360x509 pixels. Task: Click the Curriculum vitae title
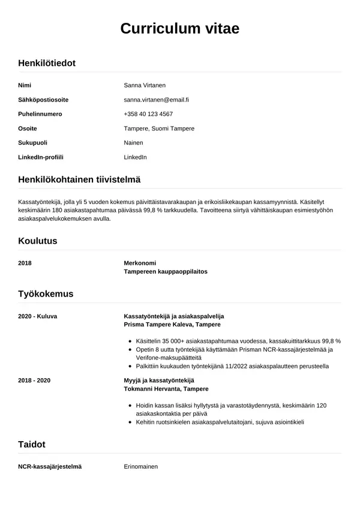pos(180,29)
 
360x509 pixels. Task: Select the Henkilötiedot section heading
pos(47,63)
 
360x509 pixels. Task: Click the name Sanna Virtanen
pos(144,85)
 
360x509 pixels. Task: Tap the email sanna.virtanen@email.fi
pos(156,100)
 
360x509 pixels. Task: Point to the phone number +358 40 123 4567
pos(148,114)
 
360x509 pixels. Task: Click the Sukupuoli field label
pos(33,143)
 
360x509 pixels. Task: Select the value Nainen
pos(133,143)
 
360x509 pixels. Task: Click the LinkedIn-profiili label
pos(41,157)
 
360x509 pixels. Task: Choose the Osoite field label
pos(28,128)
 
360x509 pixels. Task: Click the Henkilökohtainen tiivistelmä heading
pos(79,179)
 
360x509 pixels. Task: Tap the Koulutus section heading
pos(38,241)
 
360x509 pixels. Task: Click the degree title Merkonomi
pos(140,263)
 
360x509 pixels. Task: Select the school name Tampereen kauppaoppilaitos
pos(165,271)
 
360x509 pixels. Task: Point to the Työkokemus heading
pos(46,294)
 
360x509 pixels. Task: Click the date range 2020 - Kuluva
pos(38,316)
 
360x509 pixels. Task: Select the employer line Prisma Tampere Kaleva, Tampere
pos(172,324)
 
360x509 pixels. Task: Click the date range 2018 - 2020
pos(35,381)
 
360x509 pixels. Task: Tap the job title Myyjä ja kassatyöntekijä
pos(158,381)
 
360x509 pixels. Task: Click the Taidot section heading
pos(32,445)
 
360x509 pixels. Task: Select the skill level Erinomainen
pos(140,466)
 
